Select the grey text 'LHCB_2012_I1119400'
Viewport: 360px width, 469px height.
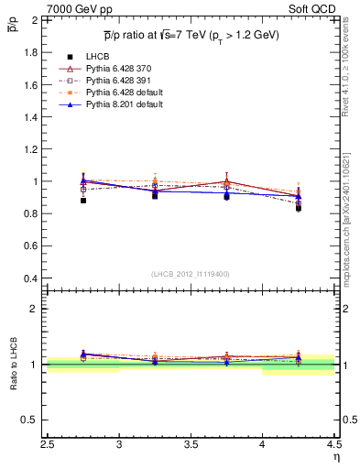click(191, 273)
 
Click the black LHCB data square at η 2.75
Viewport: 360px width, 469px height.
click(83, 200)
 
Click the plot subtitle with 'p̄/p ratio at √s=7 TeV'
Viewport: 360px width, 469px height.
click(191, 36)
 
